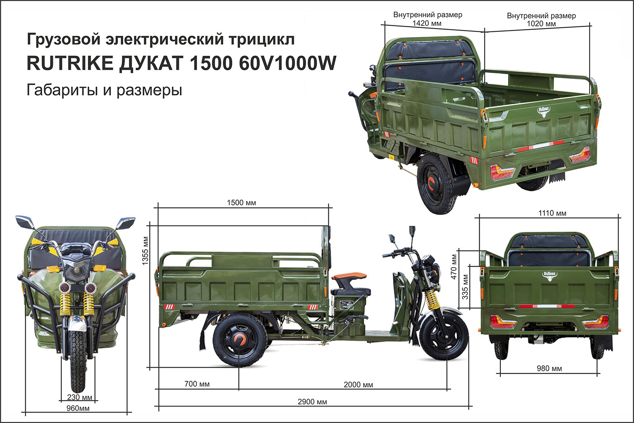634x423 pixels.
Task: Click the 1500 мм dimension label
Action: [x=241, y=203]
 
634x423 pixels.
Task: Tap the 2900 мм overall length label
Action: [x=312, y=402]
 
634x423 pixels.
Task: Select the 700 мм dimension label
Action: [x=197, y=384]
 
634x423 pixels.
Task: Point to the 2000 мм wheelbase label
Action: [x=358, y=385]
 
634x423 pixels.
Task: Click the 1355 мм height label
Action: [x=145, y=251]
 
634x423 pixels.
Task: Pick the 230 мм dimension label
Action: [x=80, y=397]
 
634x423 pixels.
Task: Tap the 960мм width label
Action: [x=78, y=408]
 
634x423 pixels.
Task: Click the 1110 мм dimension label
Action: [x=552, y=213]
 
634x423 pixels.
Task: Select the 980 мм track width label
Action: [x=549, y=368]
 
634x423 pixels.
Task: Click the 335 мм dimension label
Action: [x=465, y=287]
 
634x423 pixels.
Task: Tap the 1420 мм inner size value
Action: [x=427, y=23]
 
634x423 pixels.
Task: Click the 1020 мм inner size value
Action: [x=541, y=24]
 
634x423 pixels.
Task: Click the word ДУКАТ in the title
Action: [x=151, y=63]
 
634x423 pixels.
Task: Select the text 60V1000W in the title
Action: [x=288, y=63]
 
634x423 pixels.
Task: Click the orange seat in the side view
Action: [x=349, y=276]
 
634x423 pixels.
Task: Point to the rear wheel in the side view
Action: [x=240, y=340]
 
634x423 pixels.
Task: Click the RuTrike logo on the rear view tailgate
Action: [x=550, y=276]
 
